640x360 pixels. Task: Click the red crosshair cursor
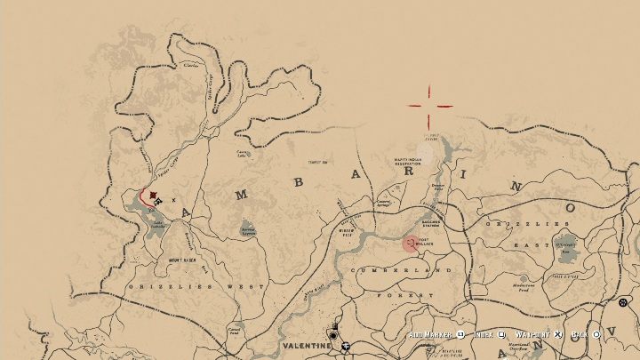pos(430,106)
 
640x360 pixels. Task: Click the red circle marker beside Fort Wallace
pos(410,243)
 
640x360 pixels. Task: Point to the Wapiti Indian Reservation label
pos(412,162)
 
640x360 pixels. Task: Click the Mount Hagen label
pos(181,260)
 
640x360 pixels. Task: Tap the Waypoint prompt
pos(534,335)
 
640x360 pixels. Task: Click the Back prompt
pos(580,335)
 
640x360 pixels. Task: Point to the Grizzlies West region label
pos(196,287)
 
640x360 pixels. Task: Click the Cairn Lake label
pos(241,151)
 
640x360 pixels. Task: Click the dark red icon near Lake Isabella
pos(155,195)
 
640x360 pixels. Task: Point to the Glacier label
pos(190,64)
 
